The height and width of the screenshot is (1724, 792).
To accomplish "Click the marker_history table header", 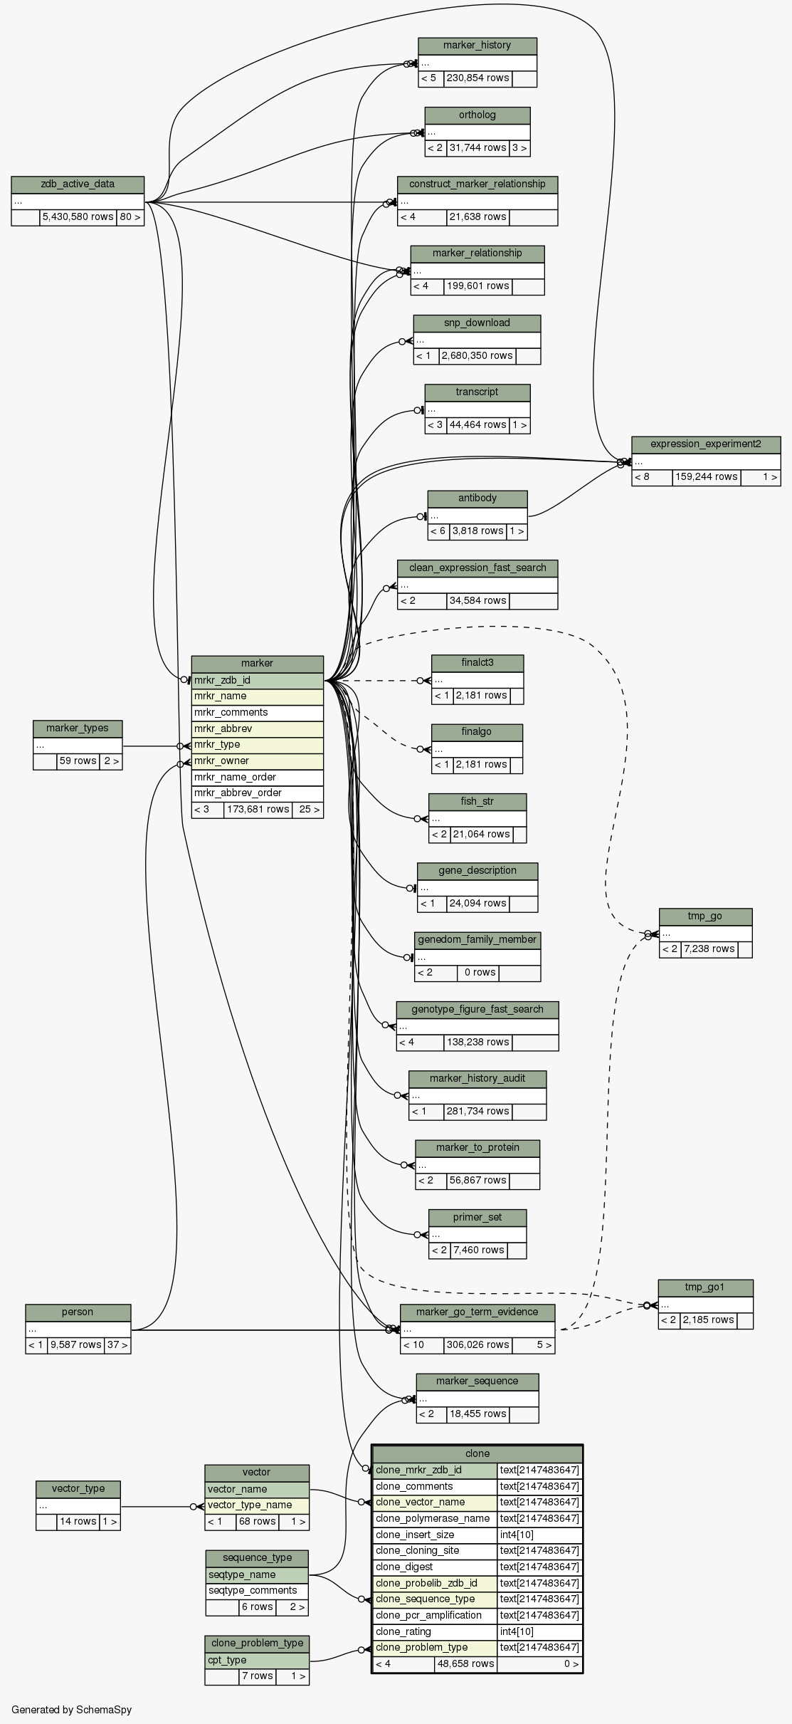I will click(x=477, y=46).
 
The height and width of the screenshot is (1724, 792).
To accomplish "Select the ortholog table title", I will click(x=477, y=115).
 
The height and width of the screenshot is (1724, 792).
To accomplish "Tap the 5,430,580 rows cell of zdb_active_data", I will click(x=78, y=217).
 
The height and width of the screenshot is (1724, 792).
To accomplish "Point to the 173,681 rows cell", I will click(x=258, y=810).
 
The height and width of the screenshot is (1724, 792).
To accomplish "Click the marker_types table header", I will click(x=78, y=728).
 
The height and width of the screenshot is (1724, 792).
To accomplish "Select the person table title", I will click(x=78, y=1312).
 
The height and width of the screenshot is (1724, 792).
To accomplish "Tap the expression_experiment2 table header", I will click(x=705, y=444).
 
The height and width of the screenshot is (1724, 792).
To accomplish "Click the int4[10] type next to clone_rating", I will click(x=539, y=1631).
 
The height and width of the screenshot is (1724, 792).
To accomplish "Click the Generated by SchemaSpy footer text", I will click(x=71, y=1710).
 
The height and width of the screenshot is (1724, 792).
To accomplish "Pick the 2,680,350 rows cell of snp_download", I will click(x=477, y=356).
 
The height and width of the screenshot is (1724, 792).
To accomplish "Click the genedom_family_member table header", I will click(x=477, y=940).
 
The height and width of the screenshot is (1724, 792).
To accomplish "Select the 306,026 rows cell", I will click(x=477, y=1345).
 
